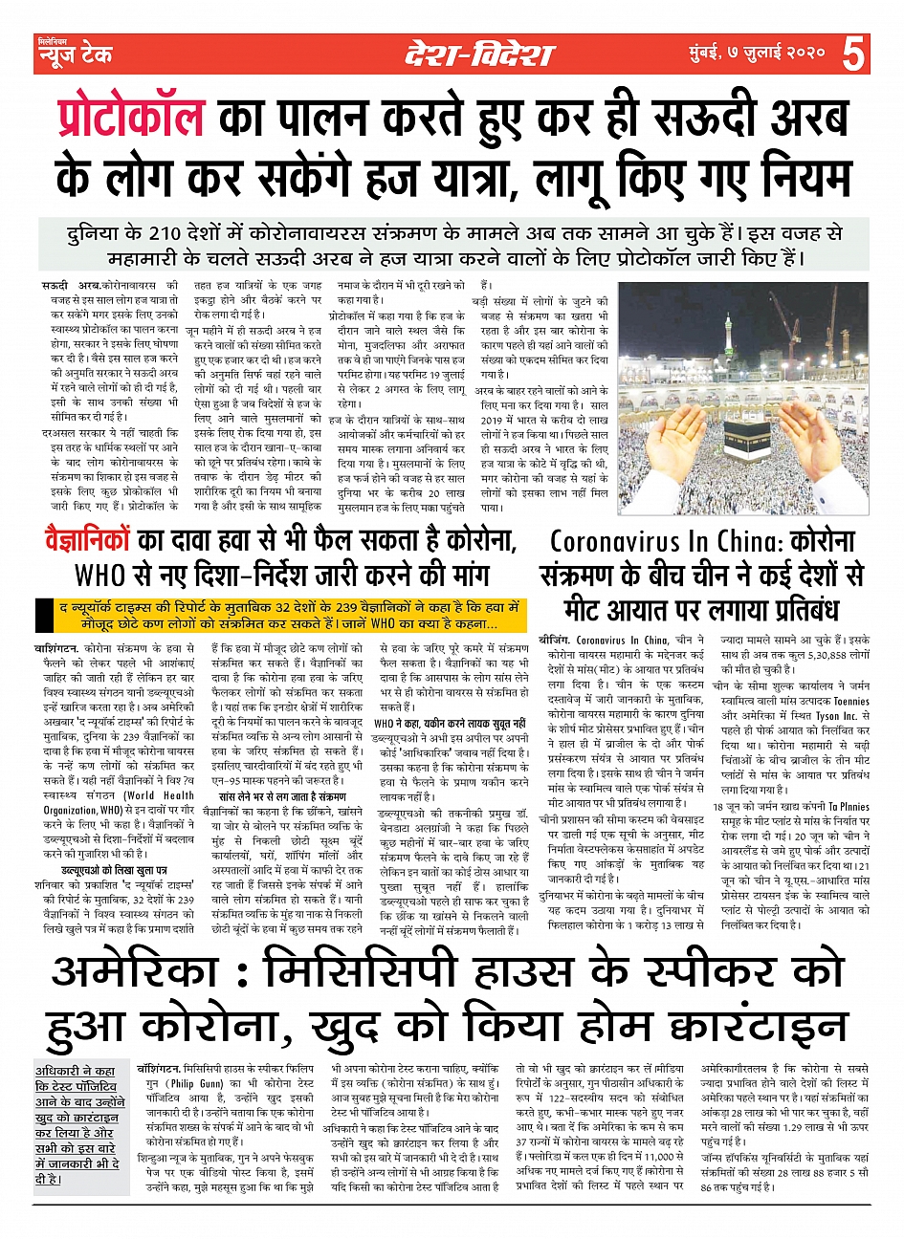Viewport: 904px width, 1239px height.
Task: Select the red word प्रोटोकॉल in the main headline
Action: click(129, 119)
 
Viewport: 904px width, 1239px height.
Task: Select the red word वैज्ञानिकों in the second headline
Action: click(86, 542)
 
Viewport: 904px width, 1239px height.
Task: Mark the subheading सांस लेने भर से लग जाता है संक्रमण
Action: click(282, 795)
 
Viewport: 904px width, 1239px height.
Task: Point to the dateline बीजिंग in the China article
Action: click(556, 640)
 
